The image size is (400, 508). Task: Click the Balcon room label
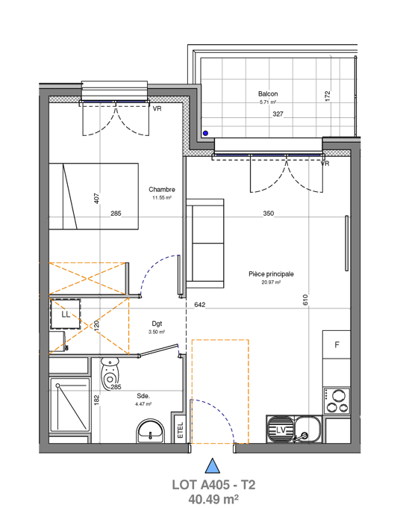(x=269, y=94)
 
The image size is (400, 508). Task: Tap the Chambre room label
(x=162, y=189)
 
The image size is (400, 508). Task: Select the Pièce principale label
(x=271, y=274)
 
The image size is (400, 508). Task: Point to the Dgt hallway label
(x=156, y=323)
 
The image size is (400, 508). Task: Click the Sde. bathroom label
(x=143, y=396)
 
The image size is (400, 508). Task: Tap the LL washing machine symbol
(x=65, y=315)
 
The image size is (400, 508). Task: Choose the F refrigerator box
(x=337, y=344)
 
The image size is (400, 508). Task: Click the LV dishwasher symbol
(x=282, y=430)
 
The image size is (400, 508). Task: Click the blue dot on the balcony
(x=207, y=133)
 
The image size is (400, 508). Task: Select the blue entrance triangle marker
(x=213, y=467)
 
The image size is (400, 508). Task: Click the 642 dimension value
(x=199, y=305)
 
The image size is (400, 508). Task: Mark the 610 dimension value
(x=305, y=300)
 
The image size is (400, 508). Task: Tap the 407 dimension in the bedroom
(x=96, y=199)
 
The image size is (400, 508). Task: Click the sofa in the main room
(x=205, y=243)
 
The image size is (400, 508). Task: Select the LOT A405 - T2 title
(x=213, y=485)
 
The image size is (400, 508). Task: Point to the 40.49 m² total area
(x=213, y=498)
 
